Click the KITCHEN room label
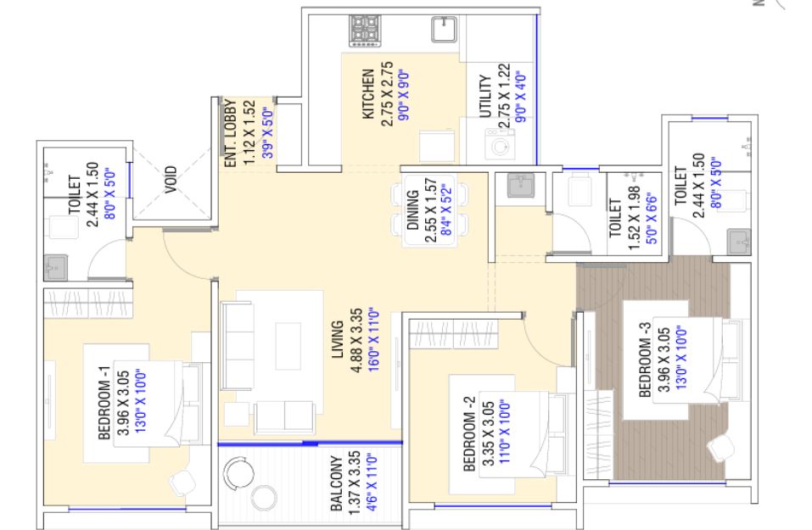367,93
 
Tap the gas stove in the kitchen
365,31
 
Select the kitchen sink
445,29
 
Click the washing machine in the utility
500,144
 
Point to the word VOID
171,180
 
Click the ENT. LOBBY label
230,133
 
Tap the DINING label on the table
412,209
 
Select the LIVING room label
337,339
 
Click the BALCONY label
336,483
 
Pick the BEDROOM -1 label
104,403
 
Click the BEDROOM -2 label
468,434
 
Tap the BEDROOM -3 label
645,360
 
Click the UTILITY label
484,97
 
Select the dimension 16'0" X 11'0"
373,339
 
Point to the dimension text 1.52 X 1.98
634,218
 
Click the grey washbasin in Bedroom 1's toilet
55,267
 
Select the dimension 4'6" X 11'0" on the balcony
372,483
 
